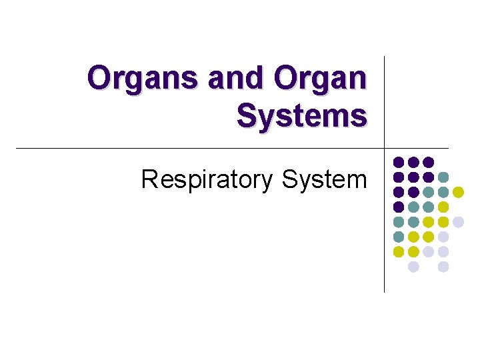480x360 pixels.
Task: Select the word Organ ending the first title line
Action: pos(321,79)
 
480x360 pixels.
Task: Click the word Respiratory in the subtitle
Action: pos(208,179)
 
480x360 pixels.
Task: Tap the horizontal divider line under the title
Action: pos(200,147)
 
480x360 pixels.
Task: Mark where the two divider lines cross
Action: pos(385,147)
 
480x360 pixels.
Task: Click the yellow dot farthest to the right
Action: pos(458,192)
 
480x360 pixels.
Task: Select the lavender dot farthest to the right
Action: pos(458,222)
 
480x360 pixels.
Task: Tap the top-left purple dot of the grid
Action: pos(399,162)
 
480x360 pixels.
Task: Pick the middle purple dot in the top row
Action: pos(413,162)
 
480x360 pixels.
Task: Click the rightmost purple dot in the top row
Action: pos(429,162)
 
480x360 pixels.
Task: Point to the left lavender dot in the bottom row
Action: pos(413,267)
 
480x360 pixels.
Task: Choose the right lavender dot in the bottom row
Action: pos(443,267)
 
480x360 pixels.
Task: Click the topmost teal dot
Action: pos(443,177)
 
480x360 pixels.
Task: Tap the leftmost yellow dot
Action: pos(399,252)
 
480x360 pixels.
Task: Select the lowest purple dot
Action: pos(399,207)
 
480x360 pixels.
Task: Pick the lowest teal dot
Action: pos(399,237)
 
